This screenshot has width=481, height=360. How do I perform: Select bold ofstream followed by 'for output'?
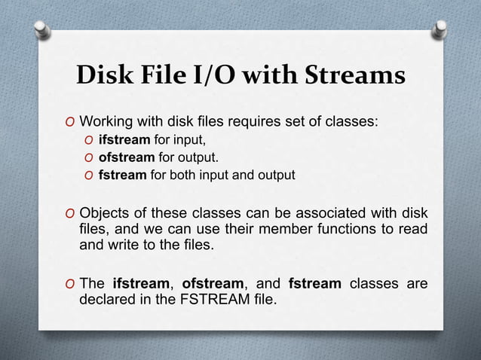pyautogui.click(x=127, y=157)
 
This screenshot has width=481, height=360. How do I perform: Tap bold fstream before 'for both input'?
pyautogui.click(x=123, y=175)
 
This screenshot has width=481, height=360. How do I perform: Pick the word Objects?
pyautogui.click(x=105, y=210)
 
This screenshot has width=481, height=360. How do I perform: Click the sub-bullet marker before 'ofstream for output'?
pyautogui.click(x=89, y=158)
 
